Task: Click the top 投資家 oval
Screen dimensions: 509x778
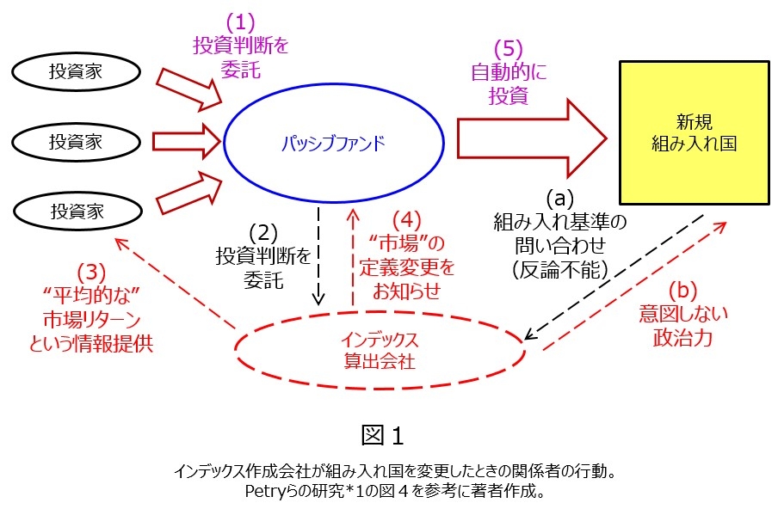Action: [x=76, y=72]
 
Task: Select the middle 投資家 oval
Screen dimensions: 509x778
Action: [x=76, y=141]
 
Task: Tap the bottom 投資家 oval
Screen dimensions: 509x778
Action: [x=76, y=210]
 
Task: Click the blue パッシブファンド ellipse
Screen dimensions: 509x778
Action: [x=333, y=142]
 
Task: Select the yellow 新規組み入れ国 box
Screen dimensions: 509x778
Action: [x=694, y=132]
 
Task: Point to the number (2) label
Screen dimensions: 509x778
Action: [x=265, y=232]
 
